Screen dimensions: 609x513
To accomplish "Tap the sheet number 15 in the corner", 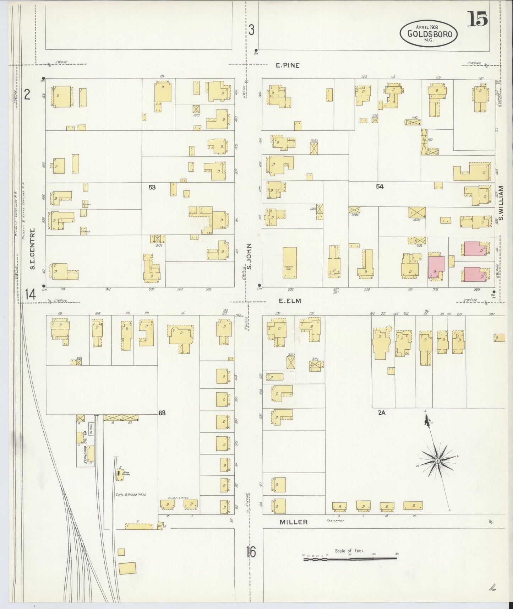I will (x=476, y=19).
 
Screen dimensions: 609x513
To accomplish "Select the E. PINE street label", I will (x=288, y=65).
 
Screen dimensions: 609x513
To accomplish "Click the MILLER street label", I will (x=293, y=522).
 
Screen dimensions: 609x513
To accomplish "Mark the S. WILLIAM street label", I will (x=501, y=203).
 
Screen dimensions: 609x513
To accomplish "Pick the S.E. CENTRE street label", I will (x=32, y=249).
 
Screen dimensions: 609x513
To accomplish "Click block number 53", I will (x=152, y=187).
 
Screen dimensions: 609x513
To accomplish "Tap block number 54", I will (x=380, y=186).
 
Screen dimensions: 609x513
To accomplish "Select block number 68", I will (x=162, y=413).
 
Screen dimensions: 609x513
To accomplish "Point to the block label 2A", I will (x=382, y=413).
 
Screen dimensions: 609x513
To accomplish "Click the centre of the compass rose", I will (x=438, y=460).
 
